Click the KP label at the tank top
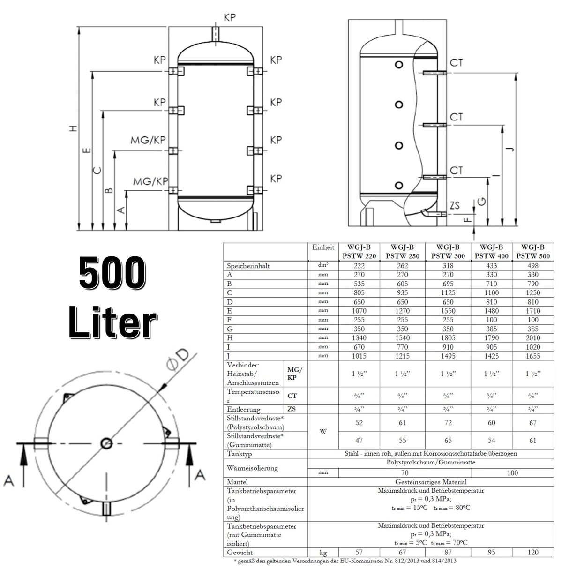coord(229,17)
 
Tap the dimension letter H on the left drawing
coord(73,128)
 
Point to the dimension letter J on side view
coord(510,149)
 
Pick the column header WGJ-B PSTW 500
coord(533,252)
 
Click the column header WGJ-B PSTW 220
coord(359,252)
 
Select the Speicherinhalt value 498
coord(533,266)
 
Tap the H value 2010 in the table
coord(533,338)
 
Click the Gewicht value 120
coord(533,552)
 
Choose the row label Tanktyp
coord(240,454)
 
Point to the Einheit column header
coord(323,247)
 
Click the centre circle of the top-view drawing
coord(107,442)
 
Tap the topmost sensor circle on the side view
coord(399,65)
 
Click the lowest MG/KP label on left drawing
coord(150,181)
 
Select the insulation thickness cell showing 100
coord(512,472)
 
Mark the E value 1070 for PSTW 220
coord(359,311)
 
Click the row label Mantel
coord(238,482)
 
